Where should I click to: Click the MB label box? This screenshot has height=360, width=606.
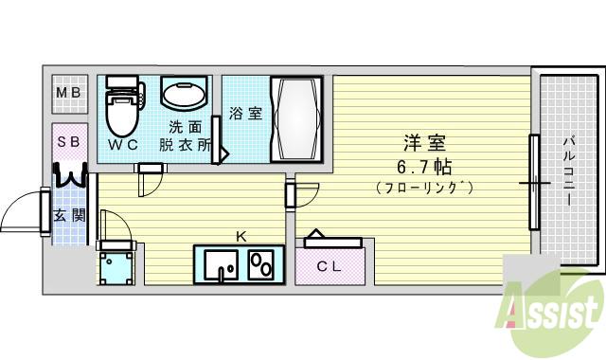[x=68, y=93]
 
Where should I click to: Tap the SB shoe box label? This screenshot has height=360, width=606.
[x=68, y=142]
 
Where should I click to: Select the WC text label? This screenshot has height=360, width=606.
[x=122, y=146]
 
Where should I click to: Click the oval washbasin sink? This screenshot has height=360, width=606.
[x=185, y=95]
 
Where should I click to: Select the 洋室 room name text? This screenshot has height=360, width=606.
[x=424, y=143]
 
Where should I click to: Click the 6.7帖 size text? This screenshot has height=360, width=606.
[x=424, y=166]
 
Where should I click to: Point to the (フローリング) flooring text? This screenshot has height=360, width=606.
[x=424, y=188]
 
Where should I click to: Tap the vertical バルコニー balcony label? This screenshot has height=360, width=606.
[x=567, y=171]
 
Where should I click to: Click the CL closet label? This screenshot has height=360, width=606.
[x=329, y=266]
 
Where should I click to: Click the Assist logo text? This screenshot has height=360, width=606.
[x=554, y=309]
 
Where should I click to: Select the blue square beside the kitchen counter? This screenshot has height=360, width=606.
[x=118, y=267]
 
